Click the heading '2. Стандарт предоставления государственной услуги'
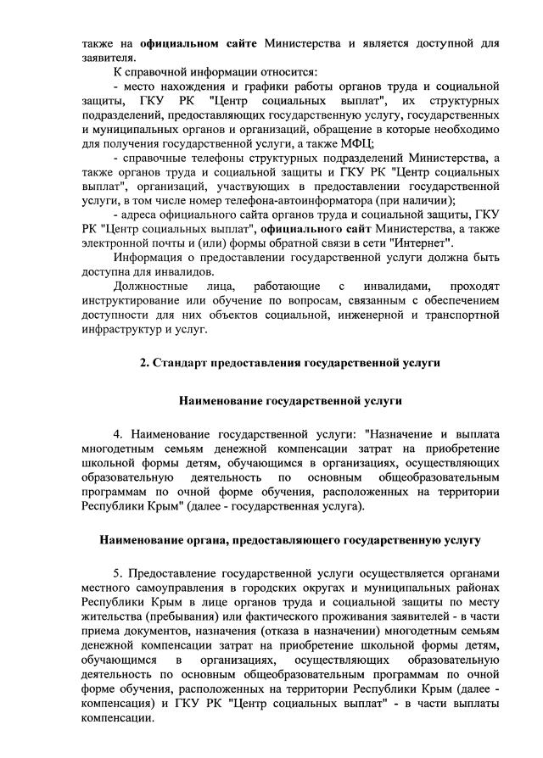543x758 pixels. click(x=290, y=362)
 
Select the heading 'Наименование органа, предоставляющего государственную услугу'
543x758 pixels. click(x=290, y=539)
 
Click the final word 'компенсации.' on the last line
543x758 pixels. click(x=118, y=716)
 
